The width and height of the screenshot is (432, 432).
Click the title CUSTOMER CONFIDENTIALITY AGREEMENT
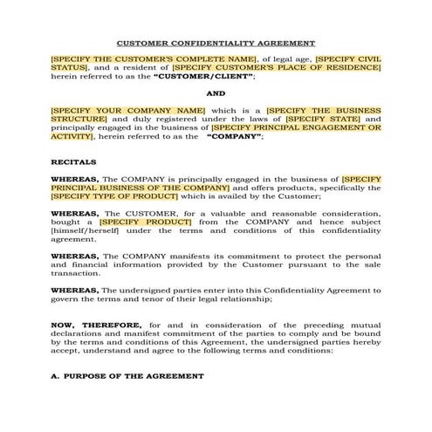(x=216, y=43)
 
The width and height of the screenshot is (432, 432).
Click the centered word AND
(x=216, y=93)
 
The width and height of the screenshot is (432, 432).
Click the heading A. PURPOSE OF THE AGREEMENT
(x=127, y=376)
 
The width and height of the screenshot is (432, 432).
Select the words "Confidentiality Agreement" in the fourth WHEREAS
(x=305, y=289)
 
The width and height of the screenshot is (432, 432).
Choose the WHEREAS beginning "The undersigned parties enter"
(x=74, y=289)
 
